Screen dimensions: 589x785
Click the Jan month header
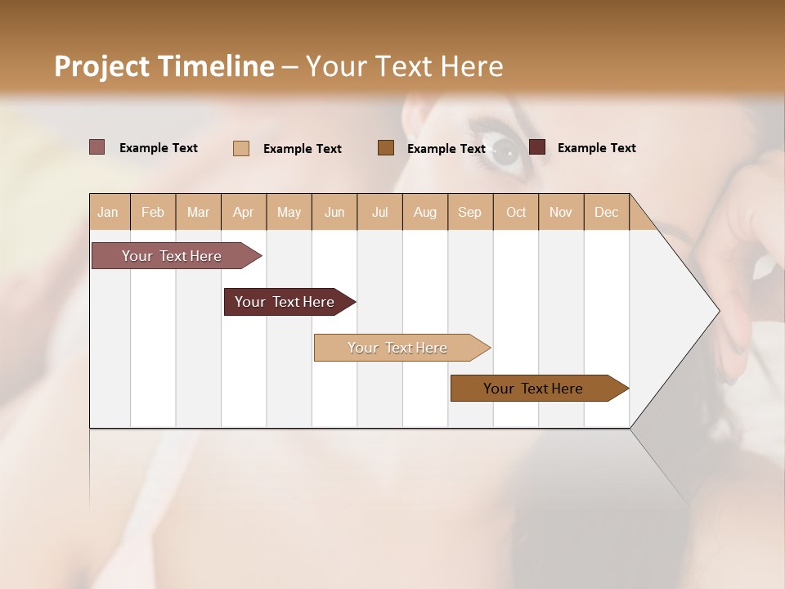(x=108, y=212)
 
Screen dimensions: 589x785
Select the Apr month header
(x=243, y=212)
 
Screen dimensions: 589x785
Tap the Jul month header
(x=379, y=212)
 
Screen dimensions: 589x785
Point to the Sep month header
(x=469, y=212)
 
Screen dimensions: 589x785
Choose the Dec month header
(x=606, y=212)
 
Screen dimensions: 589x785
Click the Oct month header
(x=516, y=212)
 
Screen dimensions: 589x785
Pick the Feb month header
(x=153, y=212)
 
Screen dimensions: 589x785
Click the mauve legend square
(x=96, y=147)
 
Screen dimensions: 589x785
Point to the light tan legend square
(x=241, y=148)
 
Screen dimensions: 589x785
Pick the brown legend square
(x=386, y=147)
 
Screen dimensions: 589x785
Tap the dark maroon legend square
(x=537, y=147)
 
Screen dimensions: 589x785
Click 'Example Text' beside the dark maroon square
(x=596, y=148)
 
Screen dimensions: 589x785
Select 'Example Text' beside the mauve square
(x=158, y=148)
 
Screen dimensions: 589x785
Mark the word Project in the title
(x=101, y=66)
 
